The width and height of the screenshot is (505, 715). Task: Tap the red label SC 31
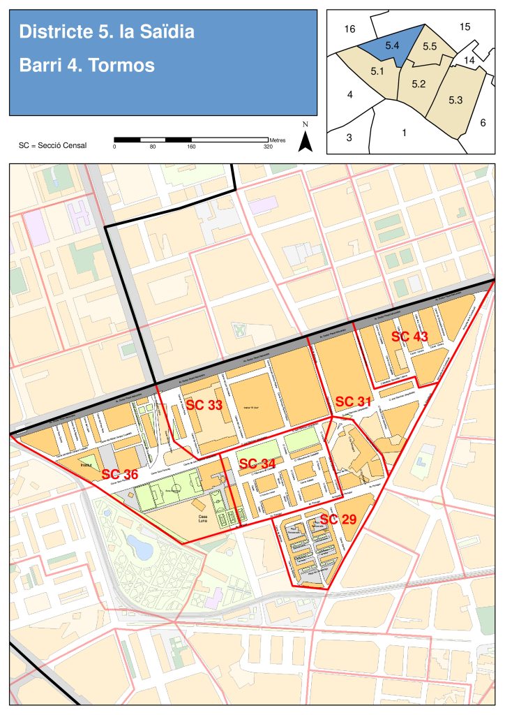tap(353, 402)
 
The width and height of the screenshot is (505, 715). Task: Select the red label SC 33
tap(204, 405)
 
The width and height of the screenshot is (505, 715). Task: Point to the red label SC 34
tap(257, 464)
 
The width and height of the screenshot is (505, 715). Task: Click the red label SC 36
tap(120, 475)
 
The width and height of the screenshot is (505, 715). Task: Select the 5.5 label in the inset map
tap(430, 46)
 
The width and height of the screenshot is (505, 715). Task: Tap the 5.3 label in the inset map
tap(455, 100)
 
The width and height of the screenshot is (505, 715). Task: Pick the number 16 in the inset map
tap(350, 29)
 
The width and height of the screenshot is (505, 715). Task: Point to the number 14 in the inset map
tap(469, 60)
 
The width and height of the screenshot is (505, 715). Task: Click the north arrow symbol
tap(305, 140)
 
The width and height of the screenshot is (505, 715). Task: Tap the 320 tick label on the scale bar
tap(268, 147)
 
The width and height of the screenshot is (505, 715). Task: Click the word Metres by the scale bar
tap(277, 140)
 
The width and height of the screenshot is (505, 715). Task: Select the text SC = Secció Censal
tap(53, 145)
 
